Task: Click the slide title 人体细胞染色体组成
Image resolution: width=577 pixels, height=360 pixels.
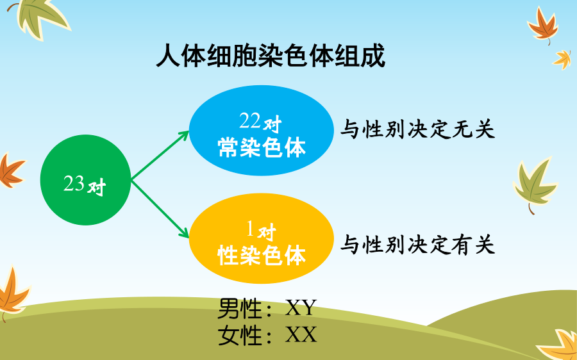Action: click(x=271, y=56)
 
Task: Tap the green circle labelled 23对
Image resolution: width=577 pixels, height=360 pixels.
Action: click(x=85, y=180)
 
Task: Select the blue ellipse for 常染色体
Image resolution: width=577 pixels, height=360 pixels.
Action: click(x=262, y=130)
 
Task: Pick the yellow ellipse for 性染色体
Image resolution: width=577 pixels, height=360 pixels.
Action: click(x=262, y=238)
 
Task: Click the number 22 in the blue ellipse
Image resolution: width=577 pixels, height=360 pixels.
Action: click(x=250, y=121)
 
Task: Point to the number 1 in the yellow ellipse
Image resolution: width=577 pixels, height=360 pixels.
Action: click(x=250, y=229)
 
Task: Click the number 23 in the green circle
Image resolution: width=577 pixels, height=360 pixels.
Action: click(x=74, y=183)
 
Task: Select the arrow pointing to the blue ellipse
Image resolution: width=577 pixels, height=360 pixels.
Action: click(x=160, y=156)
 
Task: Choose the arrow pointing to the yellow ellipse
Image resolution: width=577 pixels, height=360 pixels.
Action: click(x=160, y=208)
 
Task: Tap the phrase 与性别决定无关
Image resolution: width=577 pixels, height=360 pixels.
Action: click(x=417, y=129)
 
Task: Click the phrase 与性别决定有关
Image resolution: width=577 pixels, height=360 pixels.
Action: click(x=417, y=245)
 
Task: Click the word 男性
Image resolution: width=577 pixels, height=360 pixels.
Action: click(x=240, y=308)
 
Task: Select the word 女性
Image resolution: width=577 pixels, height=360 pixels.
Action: click(x=240, y=335)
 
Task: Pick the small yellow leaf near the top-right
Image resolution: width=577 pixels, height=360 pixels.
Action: click(x=563, y=59)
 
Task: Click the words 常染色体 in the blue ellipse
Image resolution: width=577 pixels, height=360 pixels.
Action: click(x=262, y=148)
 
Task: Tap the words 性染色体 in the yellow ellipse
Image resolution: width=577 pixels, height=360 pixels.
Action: click(x=262, y=256)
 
